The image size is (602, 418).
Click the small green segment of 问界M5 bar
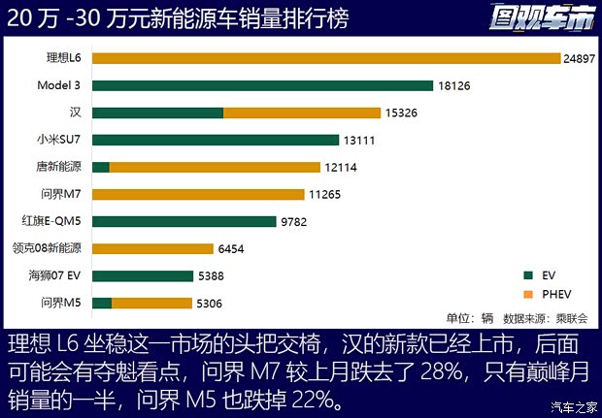coord(102,303)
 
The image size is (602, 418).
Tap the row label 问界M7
coord(63,194)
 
